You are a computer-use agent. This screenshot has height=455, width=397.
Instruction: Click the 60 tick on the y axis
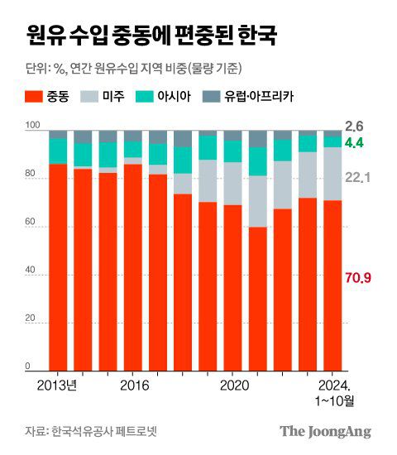[x=30, y=223]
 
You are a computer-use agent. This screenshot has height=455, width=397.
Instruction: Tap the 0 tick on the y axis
[x=27, y=366]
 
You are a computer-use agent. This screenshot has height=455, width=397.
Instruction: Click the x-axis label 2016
[x=133, y=385]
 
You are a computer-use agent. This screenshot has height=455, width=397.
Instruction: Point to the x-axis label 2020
[x=234, y=385]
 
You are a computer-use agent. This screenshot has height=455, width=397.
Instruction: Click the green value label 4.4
[x=354, y=143]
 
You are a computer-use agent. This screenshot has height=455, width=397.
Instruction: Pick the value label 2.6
[x=354, y=127]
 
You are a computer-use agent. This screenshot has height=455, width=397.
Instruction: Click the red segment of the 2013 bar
[x=58, y=265]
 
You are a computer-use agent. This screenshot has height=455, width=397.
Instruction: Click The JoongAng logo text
[x=324, y=431]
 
